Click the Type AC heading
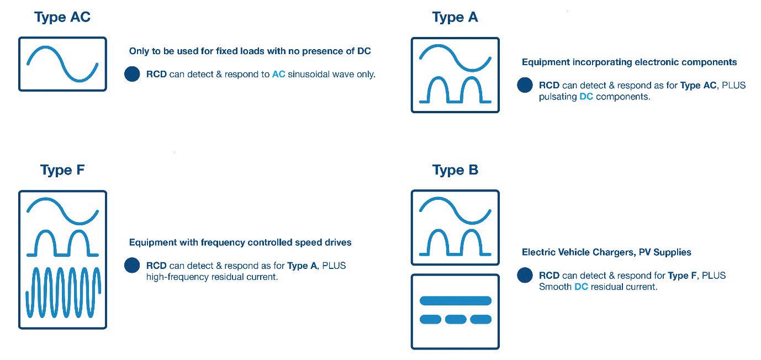coord(62,17)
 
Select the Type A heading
coord(455,17)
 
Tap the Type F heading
coord(62,170)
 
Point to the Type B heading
coord(455,170)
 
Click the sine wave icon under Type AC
coord(62,63)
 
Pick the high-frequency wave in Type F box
coord(62,293)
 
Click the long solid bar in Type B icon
coord(455,301)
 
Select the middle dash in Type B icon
coord(455,319)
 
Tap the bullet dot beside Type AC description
coord(132,74)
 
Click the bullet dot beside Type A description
coord(525,86)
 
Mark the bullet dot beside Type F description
coord(132,266)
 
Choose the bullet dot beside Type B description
coord(525,276)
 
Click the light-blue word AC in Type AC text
coord(278,74)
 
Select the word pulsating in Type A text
coord(557,97)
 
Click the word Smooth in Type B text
coord(554,287)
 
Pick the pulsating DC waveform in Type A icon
coord(455,91)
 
